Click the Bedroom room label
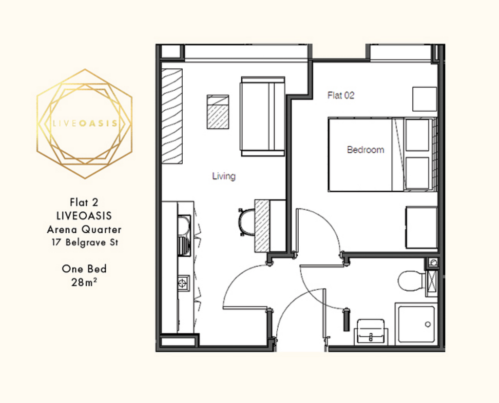pos(365,150)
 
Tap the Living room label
pos(224,176)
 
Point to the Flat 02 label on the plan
pos(341,95)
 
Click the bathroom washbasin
pos(371,332)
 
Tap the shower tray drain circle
pos(428,324)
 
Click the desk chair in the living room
pos(246,222)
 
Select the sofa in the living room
pos(263,116)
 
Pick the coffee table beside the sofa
pos(218,112)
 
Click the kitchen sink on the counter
pos(184,236)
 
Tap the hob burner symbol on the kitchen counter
pos(182,283)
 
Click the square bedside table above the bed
pos(424,99)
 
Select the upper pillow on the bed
pos(418,135)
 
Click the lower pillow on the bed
pos(418,173)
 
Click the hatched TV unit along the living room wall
pos(172,116)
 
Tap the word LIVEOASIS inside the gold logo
pos(85,123)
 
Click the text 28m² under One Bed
pos(84,282)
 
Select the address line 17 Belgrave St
pos(85,242)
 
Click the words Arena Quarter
pos(84,229)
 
